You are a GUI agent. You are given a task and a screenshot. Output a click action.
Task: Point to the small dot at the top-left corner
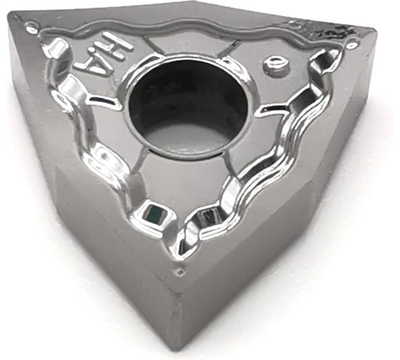point(31,28)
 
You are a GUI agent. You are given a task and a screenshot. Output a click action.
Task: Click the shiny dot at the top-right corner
point(351,44)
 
